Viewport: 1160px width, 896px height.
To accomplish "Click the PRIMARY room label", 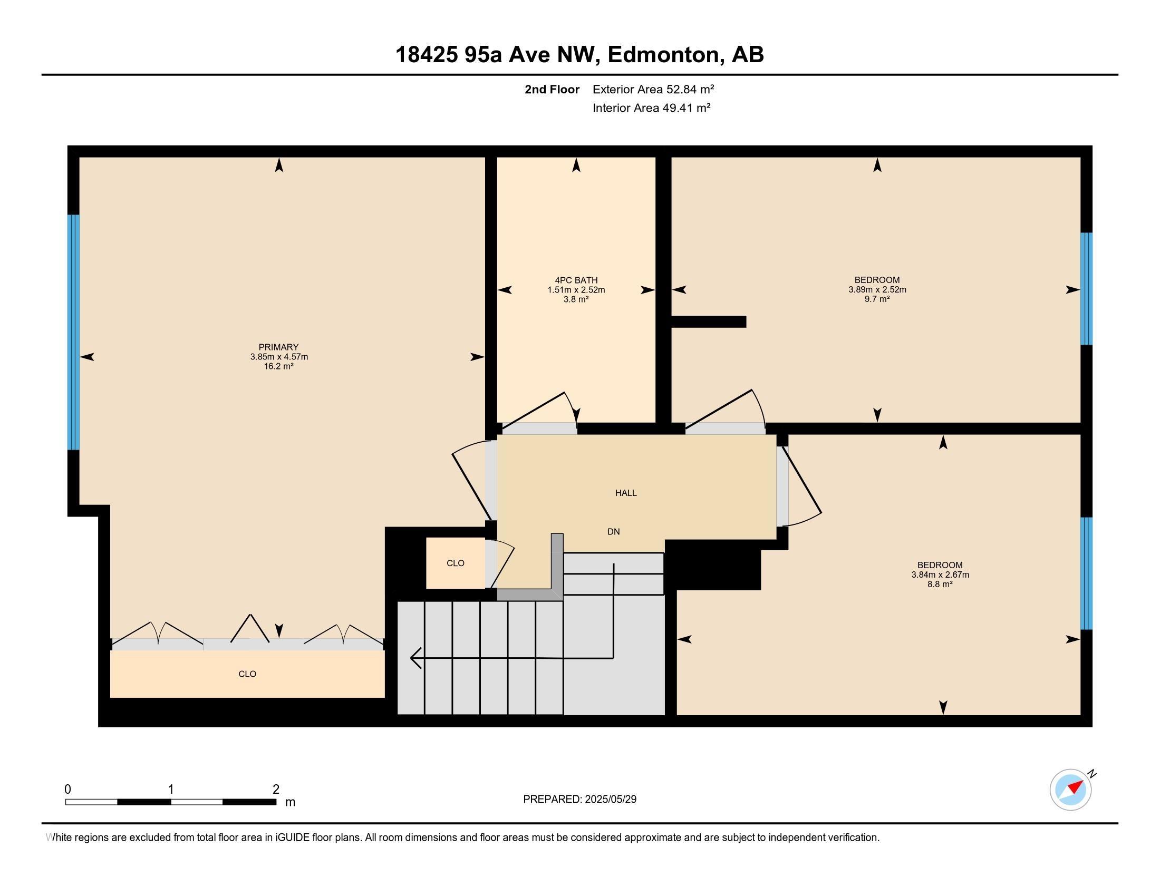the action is (278, 347).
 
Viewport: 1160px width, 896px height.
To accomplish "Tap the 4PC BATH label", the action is (576, 280).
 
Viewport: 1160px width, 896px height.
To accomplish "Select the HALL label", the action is (626, 493).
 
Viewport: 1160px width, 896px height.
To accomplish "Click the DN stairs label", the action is (613, 531).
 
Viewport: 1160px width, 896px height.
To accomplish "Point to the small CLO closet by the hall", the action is (456, 563).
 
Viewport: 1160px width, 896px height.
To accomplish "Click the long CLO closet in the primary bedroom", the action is (247, 674).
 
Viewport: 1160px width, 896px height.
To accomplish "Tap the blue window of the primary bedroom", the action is (73, 332).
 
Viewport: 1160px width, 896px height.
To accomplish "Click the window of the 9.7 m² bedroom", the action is (1087, 289).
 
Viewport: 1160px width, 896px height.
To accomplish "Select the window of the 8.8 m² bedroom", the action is (1087, 573).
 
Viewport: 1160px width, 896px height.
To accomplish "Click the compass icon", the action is (1071, 790).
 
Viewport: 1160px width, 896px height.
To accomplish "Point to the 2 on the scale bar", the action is (276, 789).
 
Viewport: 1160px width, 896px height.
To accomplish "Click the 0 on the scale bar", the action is (67, 789).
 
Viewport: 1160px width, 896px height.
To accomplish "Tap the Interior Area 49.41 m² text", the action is (652, 108).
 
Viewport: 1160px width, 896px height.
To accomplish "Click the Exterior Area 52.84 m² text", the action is (653, 89).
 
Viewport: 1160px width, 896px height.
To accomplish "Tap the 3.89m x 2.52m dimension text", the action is (877, 290).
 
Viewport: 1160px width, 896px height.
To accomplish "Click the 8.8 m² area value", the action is (940, 584).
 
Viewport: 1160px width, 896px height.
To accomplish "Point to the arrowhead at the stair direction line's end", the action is (416, 658).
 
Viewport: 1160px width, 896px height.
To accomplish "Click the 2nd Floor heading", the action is (552, 89).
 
